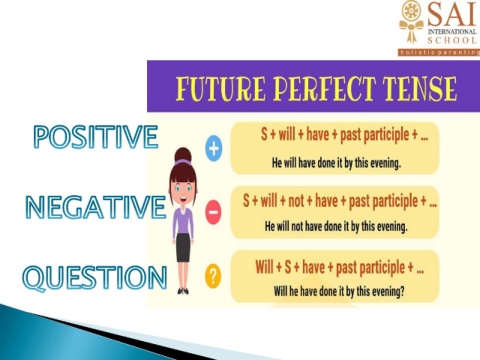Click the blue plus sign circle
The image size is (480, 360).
click(x=214, y=148)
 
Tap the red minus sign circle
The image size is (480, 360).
click(x=213, y=212)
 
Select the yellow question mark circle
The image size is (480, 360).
click(x=213, y=276)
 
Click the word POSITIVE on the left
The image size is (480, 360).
click(x=95, y=136)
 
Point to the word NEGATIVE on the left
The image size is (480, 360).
click(x=96, y=207)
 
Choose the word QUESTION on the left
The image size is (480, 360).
click(x=95, y=278)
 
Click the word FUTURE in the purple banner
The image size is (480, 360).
click(x=221, y=89)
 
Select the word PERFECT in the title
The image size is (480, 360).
click(x=324, y=89)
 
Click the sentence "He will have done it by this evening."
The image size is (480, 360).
click(x=336, y=163)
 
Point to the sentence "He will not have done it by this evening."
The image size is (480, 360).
click(x=336, y=226)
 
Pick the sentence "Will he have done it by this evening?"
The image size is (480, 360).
click(x=339, y=291)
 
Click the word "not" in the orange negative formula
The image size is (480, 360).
click(x=296, y=201)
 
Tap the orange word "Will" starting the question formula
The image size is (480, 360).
click(x=264, y=267)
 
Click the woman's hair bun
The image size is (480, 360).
click(x=183, y=155)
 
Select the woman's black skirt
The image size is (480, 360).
click(x=183, y=248)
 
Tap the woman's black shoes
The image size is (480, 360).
click(x=183, y=291)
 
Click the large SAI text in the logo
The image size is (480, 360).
click(x=452, y=13)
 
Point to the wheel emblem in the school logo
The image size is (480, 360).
click(x=411, y=11)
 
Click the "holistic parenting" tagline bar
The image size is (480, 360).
click(x=439, y=52)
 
